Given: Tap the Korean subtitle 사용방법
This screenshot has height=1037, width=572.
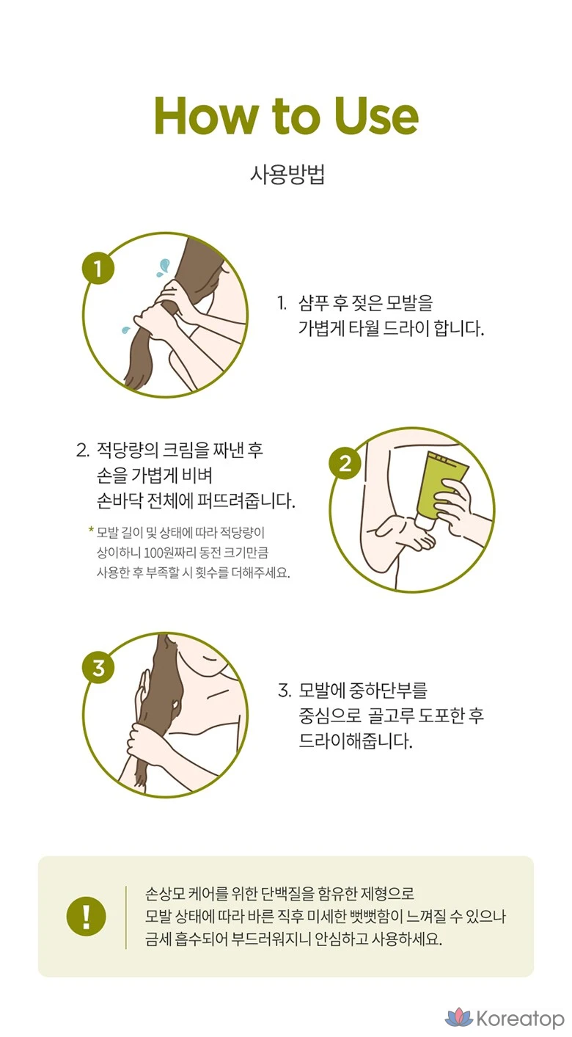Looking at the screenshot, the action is pos(287,175).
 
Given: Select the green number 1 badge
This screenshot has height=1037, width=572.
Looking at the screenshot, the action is pos(98,269).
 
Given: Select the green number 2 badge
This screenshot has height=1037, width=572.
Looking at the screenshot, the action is pos(345,463).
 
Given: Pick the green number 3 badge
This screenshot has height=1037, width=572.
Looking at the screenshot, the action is pos(98,668).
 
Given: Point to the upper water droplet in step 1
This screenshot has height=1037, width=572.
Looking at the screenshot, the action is pos(163,267).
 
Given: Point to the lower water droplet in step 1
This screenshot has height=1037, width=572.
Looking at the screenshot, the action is pos(125,330).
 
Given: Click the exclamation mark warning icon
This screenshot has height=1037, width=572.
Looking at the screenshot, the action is pos(86,916).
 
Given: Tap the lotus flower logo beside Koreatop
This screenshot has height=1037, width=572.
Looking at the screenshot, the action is pos(458,1018).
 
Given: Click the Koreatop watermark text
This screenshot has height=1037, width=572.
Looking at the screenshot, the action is pos(520,1019).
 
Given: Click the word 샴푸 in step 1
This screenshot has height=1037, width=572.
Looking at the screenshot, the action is pos(314,303).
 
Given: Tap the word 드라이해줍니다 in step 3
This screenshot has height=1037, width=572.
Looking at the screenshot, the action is pos(355,741).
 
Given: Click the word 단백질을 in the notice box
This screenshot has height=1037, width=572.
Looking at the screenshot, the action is pos(287,893).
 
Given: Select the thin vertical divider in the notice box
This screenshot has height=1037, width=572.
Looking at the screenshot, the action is pos(126,917).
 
